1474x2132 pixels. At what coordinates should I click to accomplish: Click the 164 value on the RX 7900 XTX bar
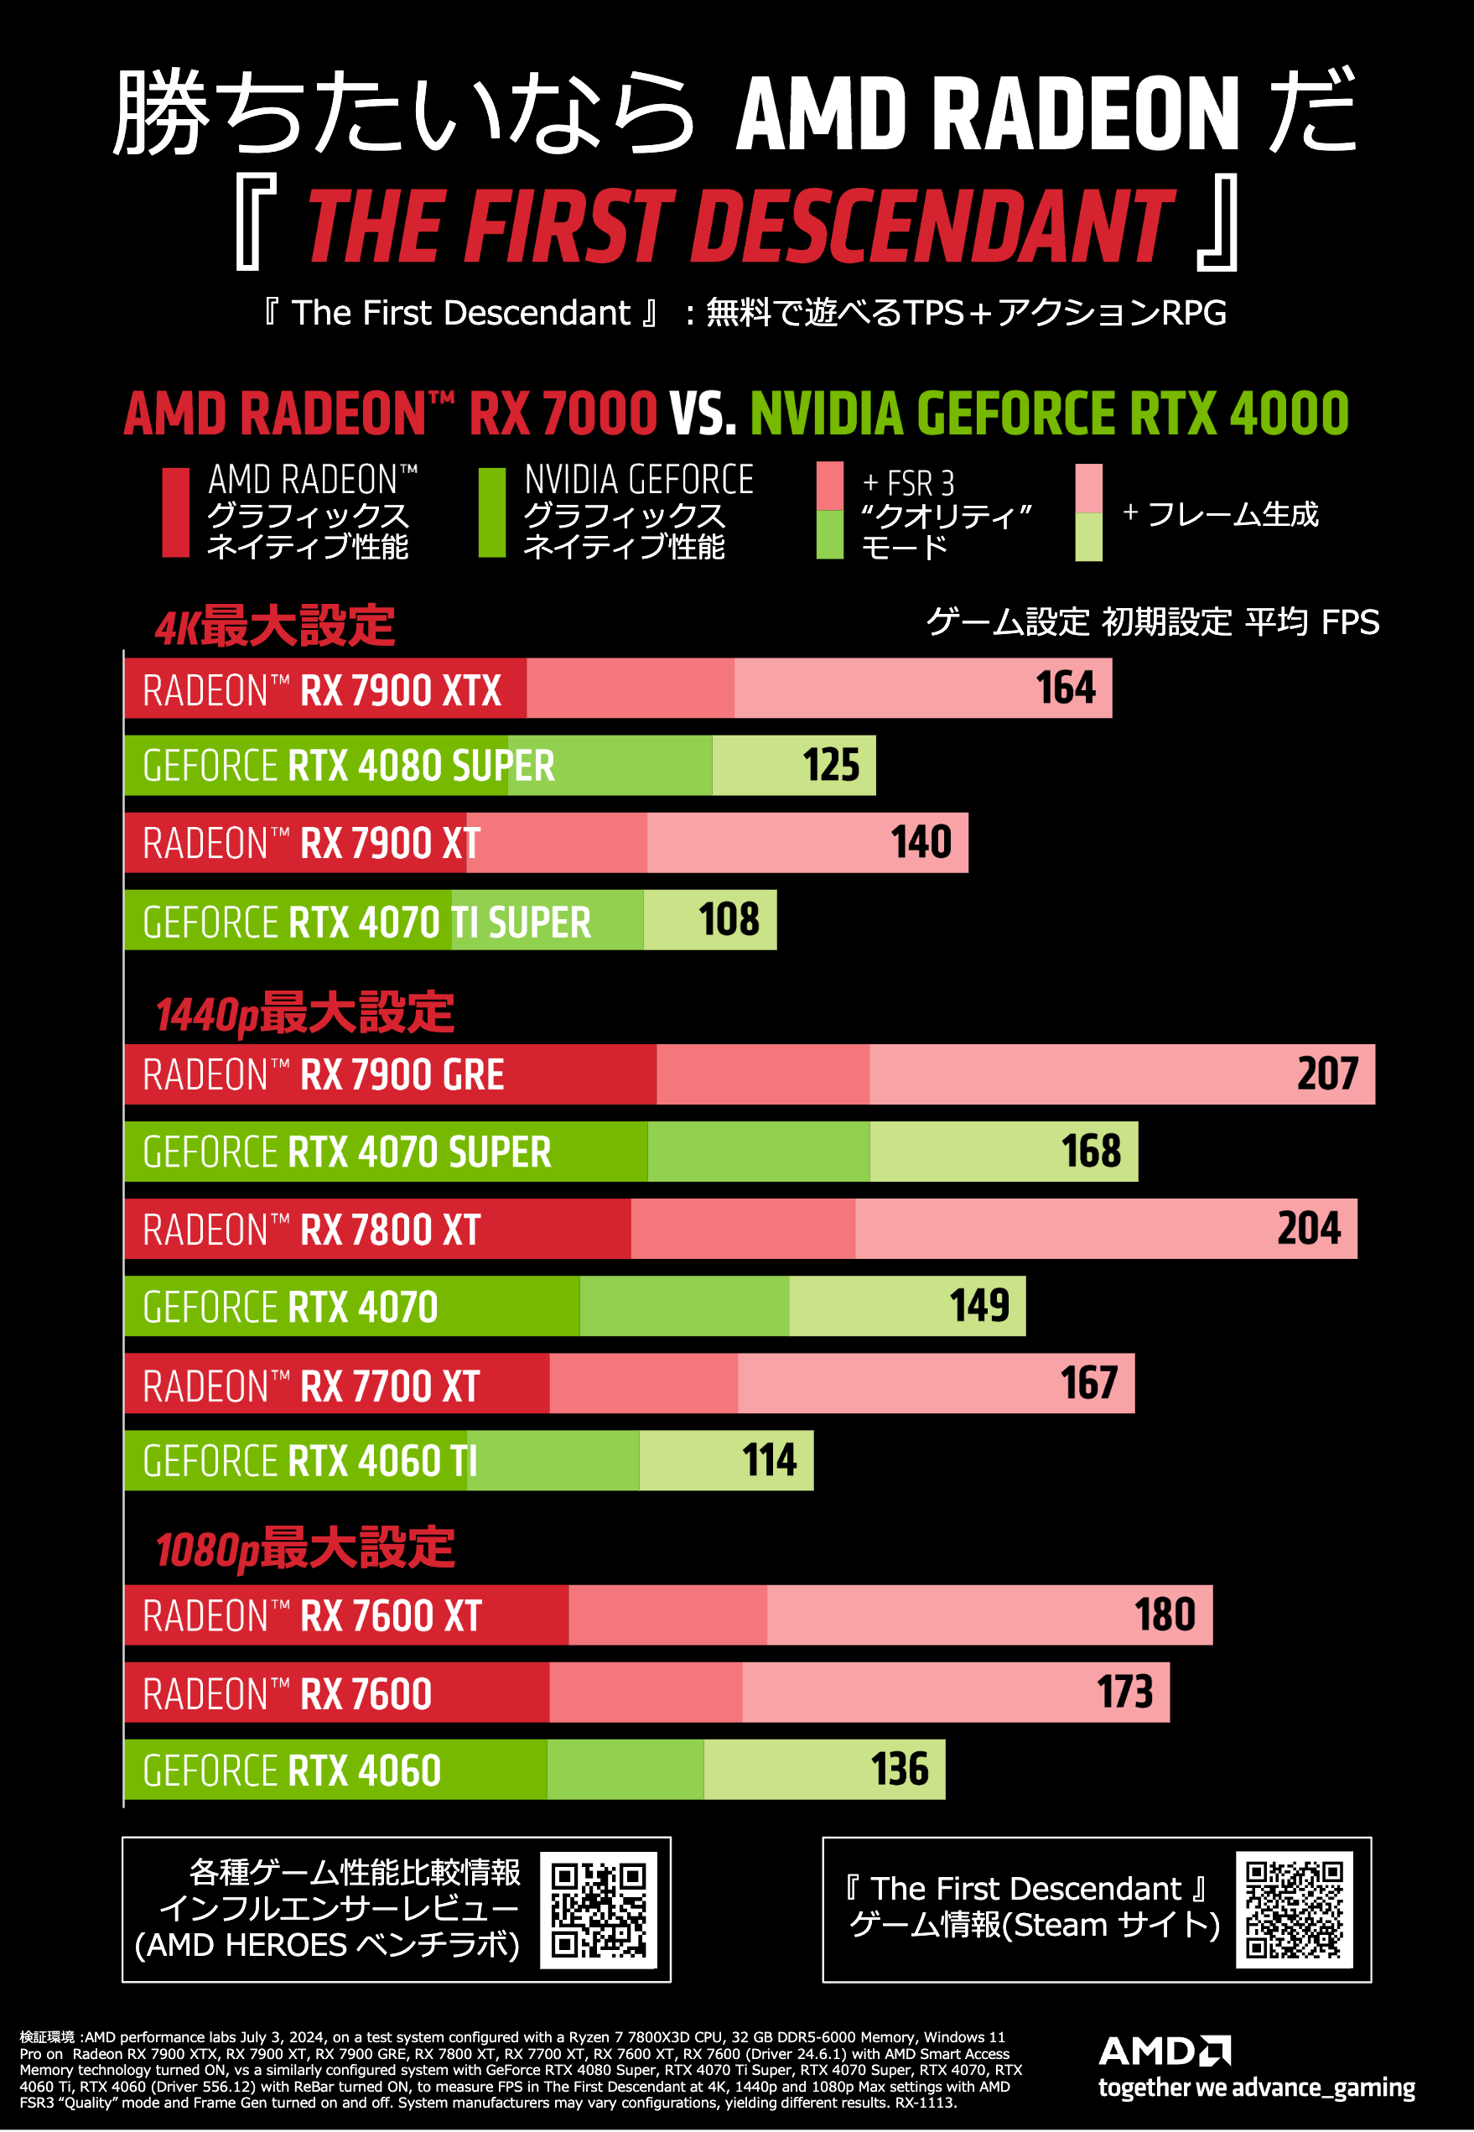click(1065, 689)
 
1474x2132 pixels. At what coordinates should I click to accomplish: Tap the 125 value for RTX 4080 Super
click(831, 766)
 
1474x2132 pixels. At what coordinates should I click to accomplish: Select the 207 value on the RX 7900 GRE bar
click(1327, 1074)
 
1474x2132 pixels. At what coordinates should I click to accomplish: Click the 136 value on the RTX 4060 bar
click(900, 1770)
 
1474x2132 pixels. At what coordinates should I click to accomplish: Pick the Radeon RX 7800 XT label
click(312, 1230)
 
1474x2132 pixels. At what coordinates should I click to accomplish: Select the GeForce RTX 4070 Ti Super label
click(366, 922)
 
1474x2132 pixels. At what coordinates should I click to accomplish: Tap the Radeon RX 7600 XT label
click(312, 1616)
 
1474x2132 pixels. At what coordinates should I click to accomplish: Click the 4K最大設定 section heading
click(275, 627)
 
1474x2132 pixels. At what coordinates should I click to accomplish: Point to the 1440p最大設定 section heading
click(304, 1013)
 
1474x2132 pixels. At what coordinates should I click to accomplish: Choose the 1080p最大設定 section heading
click(304, 1548)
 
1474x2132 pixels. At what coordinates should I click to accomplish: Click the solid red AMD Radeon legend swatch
click(175, 512)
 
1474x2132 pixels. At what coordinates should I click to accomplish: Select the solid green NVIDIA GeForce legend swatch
click(492, 512)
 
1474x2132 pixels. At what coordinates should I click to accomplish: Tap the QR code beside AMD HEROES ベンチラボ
click(599, 1911)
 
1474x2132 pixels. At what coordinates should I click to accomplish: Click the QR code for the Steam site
click(1294, 1910)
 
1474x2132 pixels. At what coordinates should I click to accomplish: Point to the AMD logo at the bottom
click(1165, 2051)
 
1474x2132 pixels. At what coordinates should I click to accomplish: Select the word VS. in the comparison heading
click(703, 413)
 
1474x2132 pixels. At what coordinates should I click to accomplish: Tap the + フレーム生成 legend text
click(1220, 513)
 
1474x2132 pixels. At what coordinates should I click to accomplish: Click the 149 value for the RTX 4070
click(979, 1306)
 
